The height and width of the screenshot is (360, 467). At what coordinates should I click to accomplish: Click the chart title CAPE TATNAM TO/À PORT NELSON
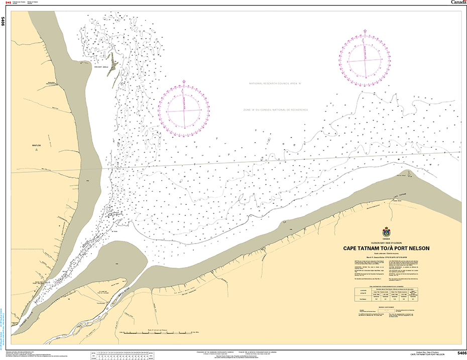386,248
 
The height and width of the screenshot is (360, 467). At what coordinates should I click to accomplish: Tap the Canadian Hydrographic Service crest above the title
386,232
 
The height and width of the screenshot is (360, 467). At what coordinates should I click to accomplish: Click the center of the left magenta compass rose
183,111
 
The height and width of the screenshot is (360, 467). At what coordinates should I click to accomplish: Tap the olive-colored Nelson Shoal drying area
113,65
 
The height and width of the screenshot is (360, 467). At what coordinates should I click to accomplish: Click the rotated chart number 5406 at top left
4,22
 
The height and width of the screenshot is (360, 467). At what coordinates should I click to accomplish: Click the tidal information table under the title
386,294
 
